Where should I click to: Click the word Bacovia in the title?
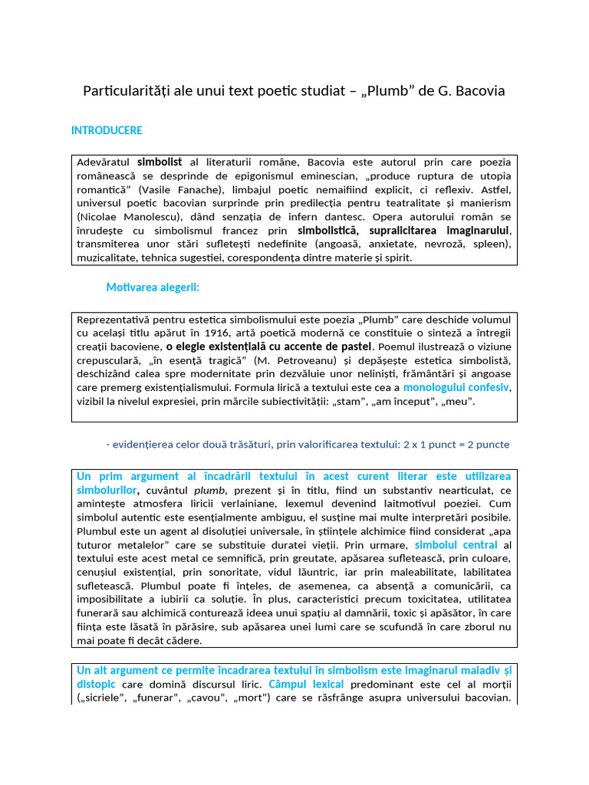pyautogui.click(x=481, y=92)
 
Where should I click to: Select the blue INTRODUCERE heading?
pyautogui.click(x=107, y=130)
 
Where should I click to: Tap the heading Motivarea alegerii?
pyautogui.click(x=153, y=287)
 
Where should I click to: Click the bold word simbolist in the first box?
pyautogui.click(x=160, y=163)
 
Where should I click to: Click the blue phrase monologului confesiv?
pyautogui.click(x=456, y=388)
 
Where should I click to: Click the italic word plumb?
pyautogui.click(x=209, y=490)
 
